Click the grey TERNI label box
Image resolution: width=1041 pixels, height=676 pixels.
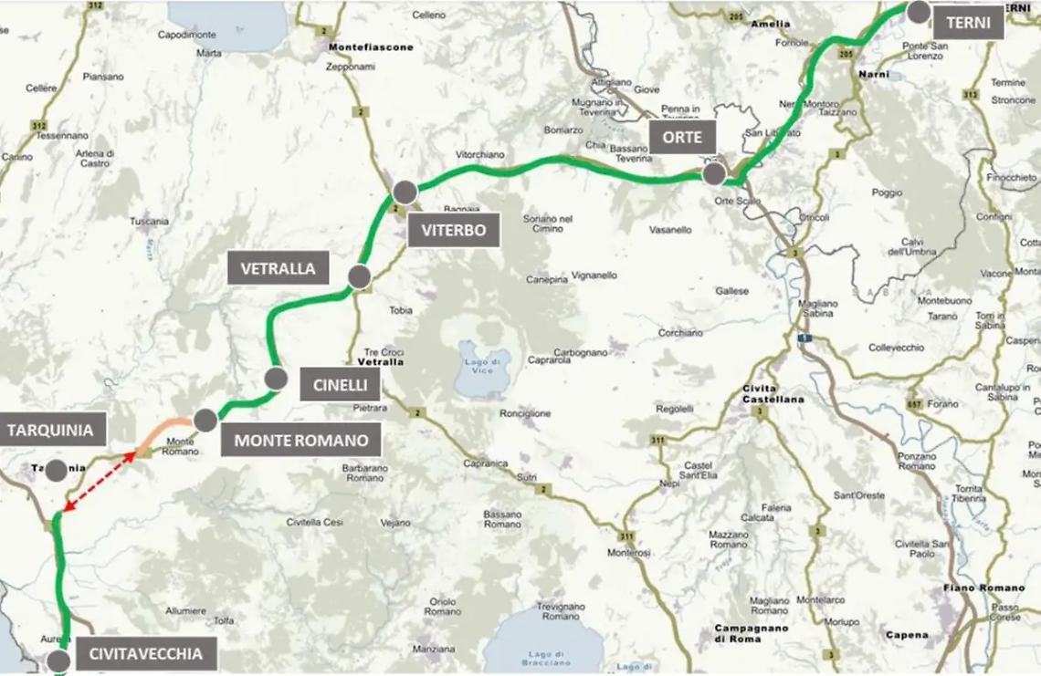tap(968, 23)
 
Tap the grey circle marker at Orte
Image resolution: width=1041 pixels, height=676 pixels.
tap(714, 173)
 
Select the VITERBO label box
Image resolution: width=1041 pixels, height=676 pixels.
tap(454, 230)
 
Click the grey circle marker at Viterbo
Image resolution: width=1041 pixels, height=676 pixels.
tap(405, 192)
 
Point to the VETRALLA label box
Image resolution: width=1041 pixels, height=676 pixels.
tap(279, 268)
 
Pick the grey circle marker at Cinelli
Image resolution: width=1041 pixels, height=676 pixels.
tap(276, 379)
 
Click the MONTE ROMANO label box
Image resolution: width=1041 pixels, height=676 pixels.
tap(300, 441)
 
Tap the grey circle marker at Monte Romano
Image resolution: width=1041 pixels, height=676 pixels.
tap(205, 420)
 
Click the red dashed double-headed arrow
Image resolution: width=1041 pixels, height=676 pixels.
tap(99, 482)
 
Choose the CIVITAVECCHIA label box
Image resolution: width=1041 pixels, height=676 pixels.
tap(145, 653)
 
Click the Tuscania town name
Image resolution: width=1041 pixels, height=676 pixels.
tap(150, 221)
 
